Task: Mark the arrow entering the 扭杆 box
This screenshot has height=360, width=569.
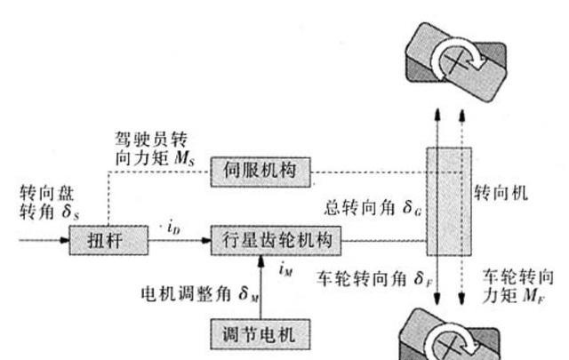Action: (x=36, y=240)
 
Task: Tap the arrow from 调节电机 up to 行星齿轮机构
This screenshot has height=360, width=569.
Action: (x=260, y=284)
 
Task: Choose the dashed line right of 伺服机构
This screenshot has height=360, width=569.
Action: (x=369, y=171)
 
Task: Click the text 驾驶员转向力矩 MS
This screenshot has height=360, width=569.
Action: (x=155, y=148)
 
